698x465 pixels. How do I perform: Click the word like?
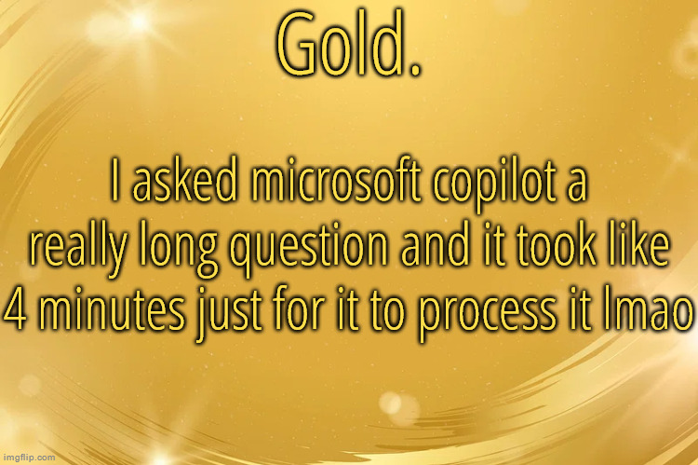coord(640,244)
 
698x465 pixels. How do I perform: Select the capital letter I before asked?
coord(113,185)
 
